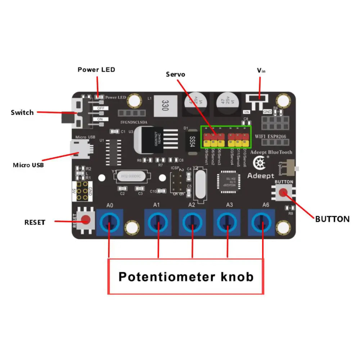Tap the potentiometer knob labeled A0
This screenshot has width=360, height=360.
[x=109, y=222]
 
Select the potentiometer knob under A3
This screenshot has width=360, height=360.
[x=227, y=222]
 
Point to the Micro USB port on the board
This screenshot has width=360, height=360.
[x=79, y=149]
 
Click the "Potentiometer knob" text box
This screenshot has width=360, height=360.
[x=186, y=276]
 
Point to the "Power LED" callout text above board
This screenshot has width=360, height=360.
[x=96, y=69]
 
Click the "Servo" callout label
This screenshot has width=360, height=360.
[x=176, y=75]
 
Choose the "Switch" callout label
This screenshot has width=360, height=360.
[x=22, y=112]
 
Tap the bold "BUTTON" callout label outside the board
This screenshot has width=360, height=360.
[x=332, y=219]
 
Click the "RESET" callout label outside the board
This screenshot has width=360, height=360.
[x=35, y=222]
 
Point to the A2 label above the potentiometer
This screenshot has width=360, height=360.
[x=192, y=205]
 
